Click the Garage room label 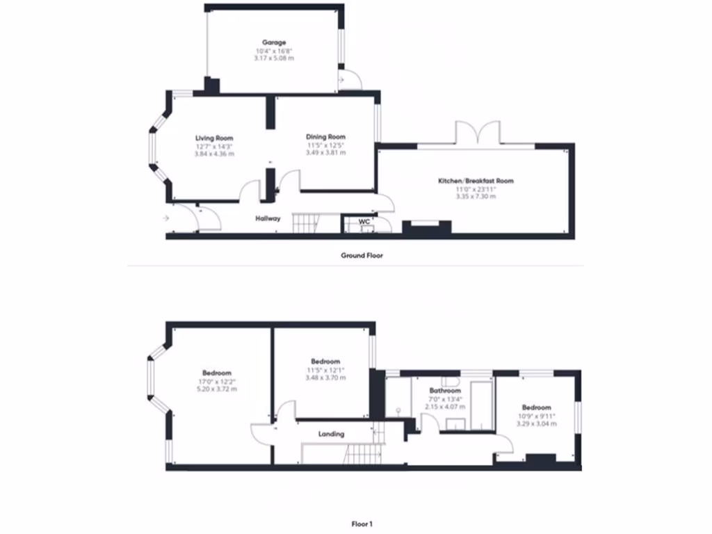pyautogui.click(x=274, y=42)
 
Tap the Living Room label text pyautogui.click(x=214, y=138)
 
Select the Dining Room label pyautogui.click(x=325, y=137)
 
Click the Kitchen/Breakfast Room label pyautogui.click(x=476, y=181)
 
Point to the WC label pyautogui.click(x=364, y=222)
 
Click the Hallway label pyautogui.click(x=268, y=218)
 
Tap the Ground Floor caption pyautogui.click(x=362, y=255)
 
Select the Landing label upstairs pyautogui.click(x=331, y=434)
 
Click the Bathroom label pyautogui.click(x=445, y=391)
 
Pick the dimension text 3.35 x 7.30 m pyautogui.click(x=476, y=197)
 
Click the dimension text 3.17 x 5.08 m pyautogui.click(x=274, y=58)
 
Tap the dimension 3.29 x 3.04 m pyautogui.click(x=536, y=423)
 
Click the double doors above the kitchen pyautogui.click(x=478, y=133)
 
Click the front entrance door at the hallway pyautogui.click(x=207, y=218)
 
